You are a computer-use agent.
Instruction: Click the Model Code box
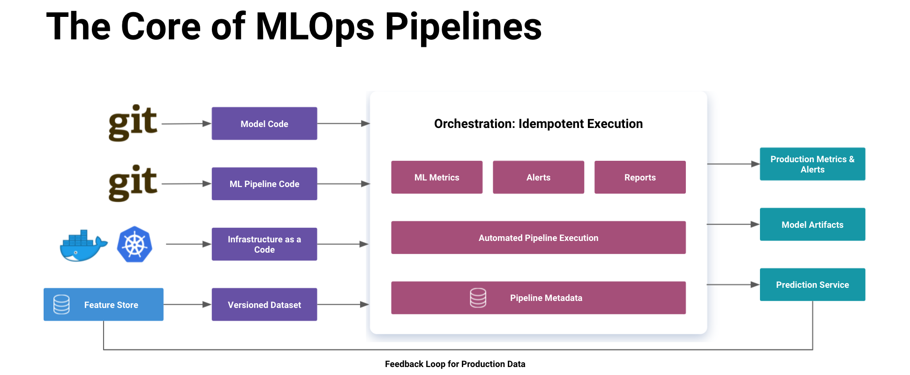pos(264,124)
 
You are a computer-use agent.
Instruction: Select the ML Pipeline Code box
pos(264,184)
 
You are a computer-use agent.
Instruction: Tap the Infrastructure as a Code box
pos(264,244)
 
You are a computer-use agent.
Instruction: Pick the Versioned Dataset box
pos(264,305)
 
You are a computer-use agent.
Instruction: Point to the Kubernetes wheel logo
pos(135,245)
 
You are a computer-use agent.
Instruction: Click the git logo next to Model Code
pos(133,123)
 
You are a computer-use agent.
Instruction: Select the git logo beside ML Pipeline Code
pos(133,183)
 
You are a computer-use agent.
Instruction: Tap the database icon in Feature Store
pos(61,305)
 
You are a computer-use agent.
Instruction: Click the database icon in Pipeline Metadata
pos(478,298)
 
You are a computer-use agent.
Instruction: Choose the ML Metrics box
pos(436,177)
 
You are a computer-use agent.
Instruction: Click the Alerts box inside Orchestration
pos(538,177)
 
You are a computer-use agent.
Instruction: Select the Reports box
pos(639,177)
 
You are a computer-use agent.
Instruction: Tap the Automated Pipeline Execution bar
pos(538,238)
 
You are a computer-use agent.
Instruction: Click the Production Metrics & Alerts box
pos(812,164)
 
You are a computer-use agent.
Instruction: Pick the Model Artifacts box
pos(812,225)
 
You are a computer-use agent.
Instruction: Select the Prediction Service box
pos(812,285)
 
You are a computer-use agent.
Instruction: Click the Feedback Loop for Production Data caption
pos(455,364)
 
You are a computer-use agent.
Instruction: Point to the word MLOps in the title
pos(315,27)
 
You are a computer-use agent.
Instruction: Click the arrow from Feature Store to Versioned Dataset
pos(187,305)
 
